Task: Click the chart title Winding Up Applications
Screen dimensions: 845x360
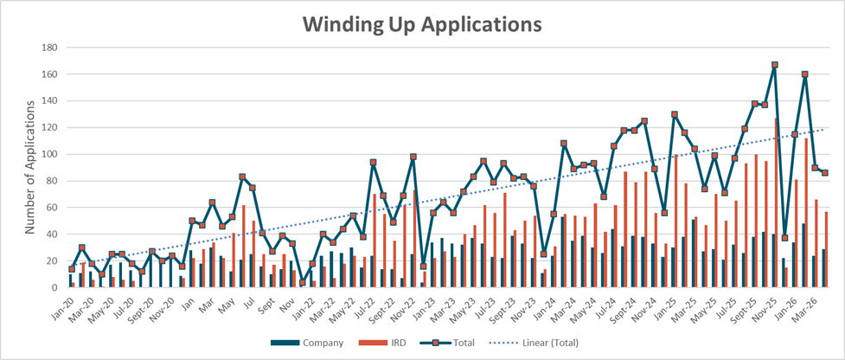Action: tap(421, 25)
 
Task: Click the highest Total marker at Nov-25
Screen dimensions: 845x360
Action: tap(774, 65)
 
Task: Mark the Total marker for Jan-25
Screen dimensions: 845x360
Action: tap(674, 114)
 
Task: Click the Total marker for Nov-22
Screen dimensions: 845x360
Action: tap(413, 157)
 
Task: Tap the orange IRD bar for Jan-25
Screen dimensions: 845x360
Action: tap(675, 221)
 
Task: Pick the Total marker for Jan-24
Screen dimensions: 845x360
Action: tap(554, 214)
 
